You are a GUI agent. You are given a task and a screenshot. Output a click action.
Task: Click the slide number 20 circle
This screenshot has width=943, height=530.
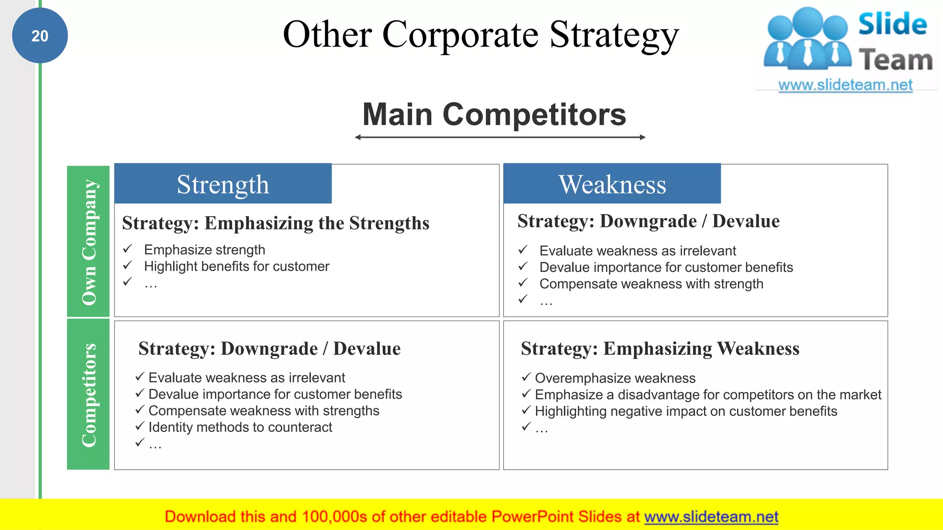(40, 36)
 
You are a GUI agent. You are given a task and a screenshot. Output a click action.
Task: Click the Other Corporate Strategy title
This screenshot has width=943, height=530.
(480, 35)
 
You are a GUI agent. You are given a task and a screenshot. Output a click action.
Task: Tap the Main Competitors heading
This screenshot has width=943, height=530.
(494, 114)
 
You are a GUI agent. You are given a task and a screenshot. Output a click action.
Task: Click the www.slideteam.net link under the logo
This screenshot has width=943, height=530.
(845, 85)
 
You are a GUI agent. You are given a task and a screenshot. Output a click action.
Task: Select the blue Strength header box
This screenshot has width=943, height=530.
(223, 184)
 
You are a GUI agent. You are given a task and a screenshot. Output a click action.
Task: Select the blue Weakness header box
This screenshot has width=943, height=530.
(612, 184)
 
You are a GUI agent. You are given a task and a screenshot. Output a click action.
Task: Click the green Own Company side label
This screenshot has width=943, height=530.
(88, 242)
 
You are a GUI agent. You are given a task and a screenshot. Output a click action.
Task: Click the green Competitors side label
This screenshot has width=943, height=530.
(88, 395)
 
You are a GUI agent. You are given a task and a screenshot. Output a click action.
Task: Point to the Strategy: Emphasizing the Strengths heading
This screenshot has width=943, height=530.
(275, 223)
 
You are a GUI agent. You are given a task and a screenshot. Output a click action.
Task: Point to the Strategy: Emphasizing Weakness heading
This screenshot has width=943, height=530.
(660, 349)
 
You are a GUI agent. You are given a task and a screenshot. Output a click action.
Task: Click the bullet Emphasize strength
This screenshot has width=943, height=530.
(204, 250)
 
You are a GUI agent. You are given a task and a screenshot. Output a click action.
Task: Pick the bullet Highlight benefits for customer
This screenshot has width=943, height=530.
(236, 266)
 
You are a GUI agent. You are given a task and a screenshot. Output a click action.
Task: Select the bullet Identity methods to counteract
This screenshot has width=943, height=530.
(240, 427)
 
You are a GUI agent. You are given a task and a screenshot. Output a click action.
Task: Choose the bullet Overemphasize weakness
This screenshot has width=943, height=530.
(615, 378)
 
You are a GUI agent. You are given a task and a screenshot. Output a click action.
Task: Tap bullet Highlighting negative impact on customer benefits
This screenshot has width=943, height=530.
(686, 411)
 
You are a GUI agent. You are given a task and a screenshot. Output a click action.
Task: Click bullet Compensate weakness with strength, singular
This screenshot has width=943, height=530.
(651, 284)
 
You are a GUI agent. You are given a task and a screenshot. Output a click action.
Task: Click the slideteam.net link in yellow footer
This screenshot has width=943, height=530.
(711, 517)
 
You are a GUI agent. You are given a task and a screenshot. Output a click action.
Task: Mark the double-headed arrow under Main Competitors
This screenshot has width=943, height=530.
(500, 137)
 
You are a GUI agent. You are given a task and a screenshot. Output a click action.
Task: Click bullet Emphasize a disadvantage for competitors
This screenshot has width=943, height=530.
(708, 395)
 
